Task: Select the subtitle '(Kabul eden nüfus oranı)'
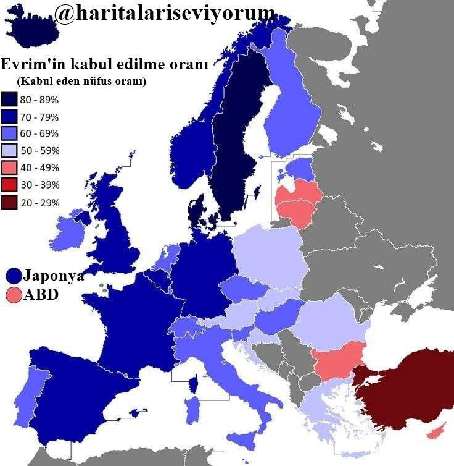pos(82,81)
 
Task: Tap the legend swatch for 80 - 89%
pos(9,99)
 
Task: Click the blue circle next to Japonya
pos(14,276)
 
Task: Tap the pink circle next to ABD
pos(14,295)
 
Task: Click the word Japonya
pos(54,276)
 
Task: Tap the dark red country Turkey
pos(407,383)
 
